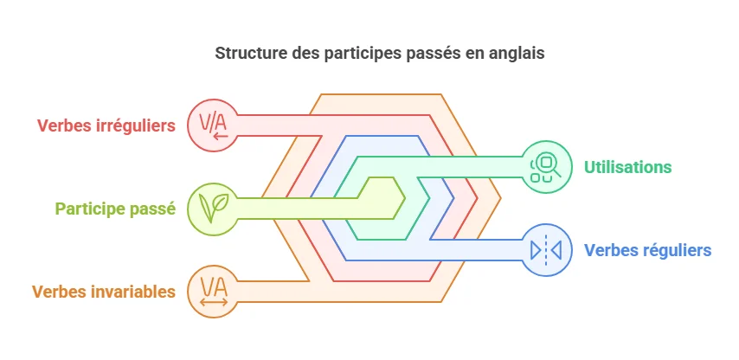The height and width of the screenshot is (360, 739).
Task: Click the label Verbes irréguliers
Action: click(106, 125)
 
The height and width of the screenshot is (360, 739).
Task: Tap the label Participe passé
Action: click(115, 209)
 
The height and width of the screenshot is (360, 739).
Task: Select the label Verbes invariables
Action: click(104, 292)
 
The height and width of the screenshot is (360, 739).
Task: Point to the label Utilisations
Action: click(628, 166)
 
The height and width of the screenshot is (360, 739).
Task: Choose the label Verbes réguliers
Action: click(647, 250)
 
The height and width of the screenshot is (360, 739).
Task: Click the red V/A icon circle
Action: click(213, 125)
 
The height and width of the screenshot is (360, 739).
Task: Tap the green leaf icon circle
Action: click(213, 209)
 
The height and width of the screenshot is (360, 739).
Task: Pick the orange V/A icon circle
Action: click(213, 291)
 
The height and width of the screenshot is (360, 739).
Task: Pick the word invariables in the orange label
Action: click(133, 292)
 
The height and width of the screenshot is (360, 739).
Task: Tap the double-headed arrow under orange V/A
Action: click(213, 302)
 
